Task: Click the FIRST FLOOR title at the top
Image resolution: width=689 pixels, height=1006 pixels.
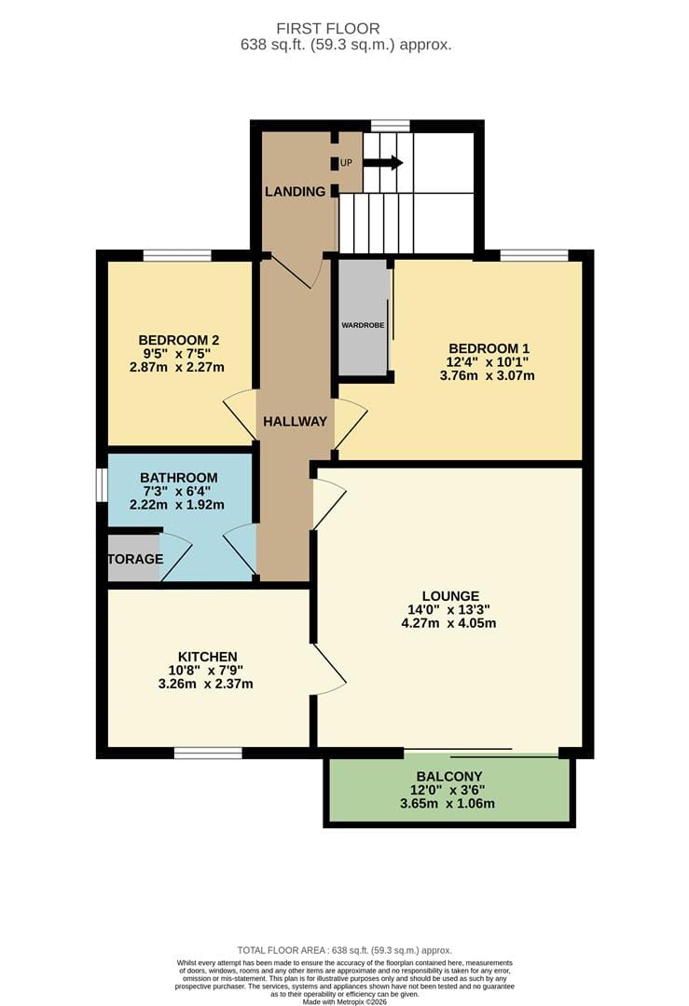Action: [x=327, y=29]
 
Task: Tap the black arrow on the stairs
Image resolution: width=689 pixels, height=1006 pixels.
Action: [x=383, y=162]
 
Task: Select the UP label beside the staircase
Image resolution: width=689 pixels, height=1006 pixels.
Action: [x=346, y=163]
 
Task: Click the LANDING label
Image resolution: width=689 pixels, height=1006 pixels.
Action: [x=296, y=191]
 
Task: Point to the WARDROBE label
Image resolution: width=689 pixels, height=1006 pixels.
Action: [x=363, y=325]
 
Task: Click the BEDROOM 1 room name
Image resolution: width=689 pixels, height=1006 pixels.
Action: [x=489, y=348]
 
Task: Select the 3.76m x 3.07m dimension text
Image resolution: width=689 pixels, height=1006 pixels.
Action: [x=488, y=375]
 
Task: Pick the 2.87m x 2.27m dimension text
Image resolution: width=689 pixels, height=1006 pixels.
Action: [x=177, y=368]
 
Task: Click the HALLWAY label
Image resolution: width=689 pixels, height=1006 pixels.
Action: [x=296, y=422]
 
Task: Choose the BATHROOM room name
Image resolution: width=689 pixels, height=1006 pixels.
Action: [x=178, y=477]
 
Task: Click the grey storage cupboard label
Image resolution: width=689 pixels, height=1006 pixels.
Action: [x=135, y=559]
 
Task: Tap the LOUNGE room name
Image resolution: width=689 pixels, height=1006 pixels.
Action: [x=450, y=596]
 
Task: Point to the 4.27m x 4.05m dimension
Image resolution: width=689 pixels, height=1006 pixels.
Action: [x=448, y=623]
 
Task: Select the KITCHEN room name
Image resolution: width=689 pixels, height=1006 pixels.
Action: [x=207, y=657]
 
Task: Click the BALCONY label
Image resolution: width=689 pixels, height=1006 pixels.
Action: [x=449, y=776]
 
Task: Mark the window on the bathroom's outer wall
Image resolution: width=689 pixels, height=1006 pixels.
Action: [x=102, y=484]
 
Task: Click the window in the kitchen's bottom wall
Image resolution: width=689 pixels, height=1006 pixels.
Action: [x=208, y=753]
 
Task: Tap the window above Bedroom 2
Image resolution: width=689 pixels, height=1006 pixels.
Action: [x=177, y=255]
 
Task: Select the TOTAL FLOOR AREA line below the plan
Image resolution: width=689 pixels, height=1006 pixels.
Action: [x=345, y=950]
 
